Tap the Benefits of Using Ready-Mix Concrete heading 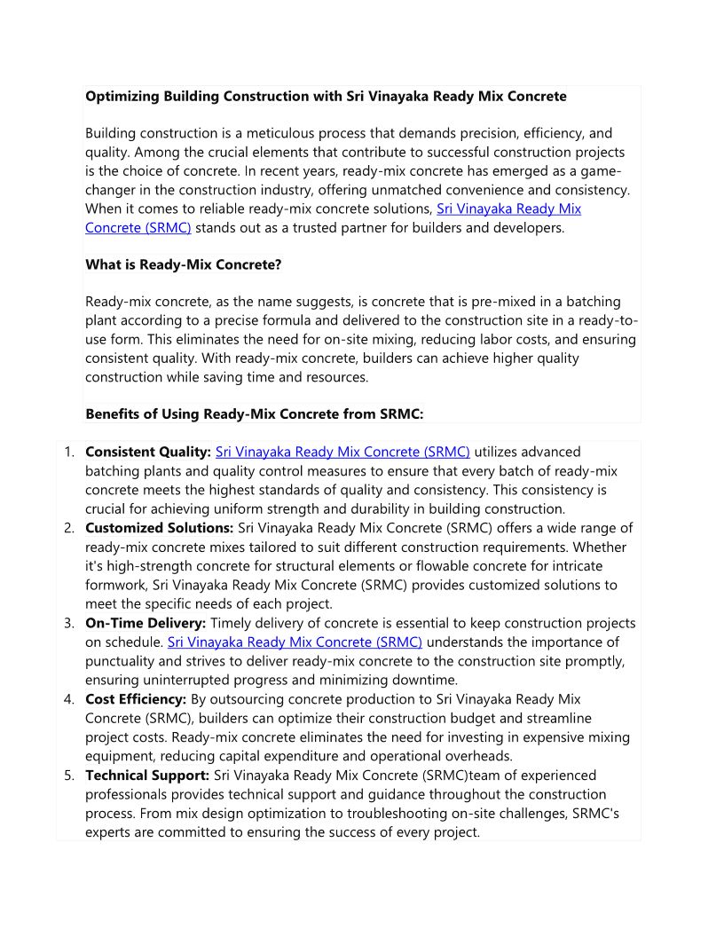tap(254, 413)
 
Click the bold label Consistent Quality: tap(148, 453)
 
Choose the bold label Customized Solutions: tap(160, 528)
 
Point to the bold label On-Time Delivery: tap(146, 623)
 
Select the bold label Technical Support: tap(148, 776)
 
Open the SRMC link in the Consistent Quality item tap(342, 453)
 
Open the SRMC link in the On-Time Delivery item tap(295, 642)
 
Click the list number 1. tap(68, 453)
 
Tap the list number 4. tap(68, 699)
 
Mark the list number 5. tap(68, 776)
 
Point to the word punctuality tap(123, 661)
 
